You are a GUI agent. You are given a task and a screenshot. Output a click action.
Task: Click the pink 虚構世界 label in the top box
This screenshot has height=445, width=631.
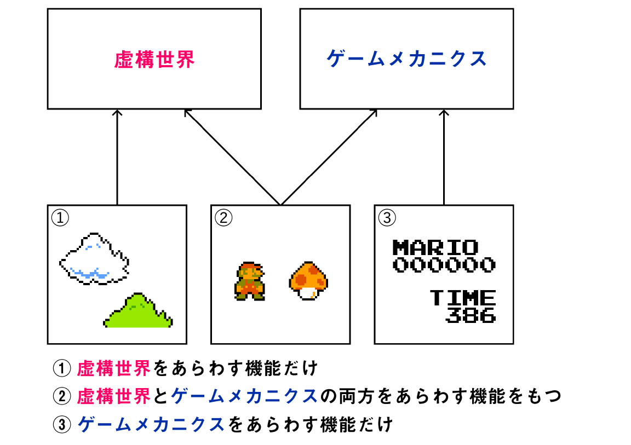coord(154,60)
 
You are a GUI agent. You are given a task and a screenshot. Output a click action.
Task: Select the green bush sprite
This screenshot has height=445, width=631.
coord(139,312)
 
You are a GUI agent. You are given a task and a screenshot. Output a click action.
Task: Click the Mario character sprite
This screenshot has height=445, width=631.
coord(250,281)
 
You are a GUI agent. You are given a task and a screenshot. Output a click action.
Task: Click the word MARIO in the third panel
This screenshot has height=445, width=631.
coord(435,247)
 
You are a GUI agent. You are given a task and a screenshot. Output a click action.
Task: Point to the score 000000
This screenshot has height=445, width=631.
coord(444,265)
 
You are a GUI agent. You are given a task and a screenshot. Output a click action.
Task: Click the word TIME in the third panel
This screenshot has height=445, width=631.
coord(463,298)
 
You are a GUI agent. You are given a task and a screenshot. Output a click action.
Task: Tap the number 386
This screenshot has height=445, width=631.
coord(471,315)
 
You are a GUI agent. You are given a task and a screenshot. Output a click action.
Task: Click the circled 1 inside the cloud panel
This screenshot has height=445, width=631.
coord(60,218)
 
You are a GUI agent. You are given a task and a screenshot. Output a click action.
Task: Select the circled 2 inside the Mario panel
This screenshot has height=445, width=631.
coord(223,218)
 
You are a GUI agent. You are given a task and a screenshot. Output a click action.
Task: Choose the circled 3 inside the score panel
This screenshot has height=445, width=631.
coord(386,218)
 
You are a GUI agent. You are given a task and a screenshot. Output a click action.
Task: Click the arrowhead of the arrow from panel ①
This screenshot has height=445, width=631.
coord(117,113)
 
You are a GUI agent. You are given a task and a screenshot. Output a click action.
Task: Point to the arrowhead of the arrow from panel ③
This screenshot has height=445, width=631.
coord(444,113)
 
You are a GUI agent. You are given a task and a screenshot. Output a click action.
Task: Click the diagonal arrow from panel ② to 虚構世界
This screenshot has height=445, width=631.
coord(232,157)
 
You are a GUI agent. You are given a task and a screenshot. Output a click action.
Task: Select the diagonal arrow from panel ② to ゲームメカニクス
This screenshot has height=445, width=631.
coord(329,157)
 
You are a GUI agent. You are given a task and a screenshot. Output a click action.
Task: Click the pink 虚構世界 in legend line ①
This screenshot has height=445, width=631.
coord(114,368)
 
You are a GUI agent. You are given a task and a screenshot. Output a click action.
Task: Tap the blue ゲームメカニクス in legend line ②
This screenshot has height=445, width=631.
coord(244,396)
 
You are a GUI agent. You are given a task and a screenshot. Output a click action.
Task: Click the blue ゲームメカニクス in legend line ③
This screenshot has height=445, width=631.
coord(152,424)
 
